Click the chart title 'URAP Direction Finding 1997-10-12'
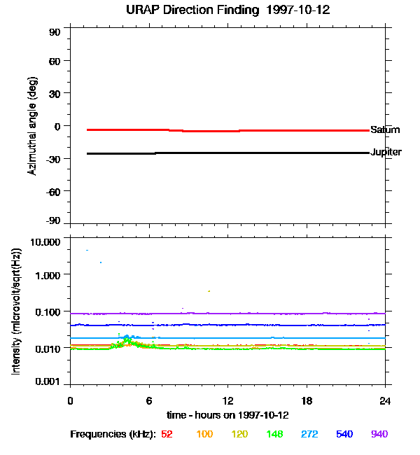(x=228, y=10)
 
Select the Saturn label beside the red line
(x=385, y=129)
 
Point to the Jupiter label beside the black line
(x=386, y=152)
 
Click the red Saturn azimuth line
(x=228, y=131)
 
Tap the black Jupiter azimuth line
(x=228, y=153)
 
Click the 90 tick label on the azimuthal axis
(x=55, y=32)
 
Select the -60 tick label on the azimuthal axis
(x=53, y=192)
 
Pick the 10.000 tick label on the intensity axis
(x=45, y=242)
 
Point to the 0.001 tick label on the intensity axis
(x=48, y=381)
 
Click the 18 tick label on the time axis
(x=307, y=400)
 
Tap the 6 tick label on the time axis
(x=149, y=400)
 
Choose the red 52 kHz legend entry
(x=167, y=434)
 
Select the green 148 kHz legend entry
(x=274, y=434)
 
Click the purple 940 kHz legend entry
(x=379, y=434)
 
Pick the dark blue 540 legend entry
(x=344, y=434)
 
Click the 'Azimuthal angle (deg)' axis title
(x=32, y=126)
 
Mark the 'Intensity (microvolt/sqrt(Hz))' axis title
(x=16, y=311)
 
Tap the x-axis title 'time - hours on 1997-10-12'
(x=228, y=415)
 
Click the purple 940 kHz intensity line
(x=228, y=314)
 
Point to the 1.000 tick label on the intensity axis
(x=48, y=275)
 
